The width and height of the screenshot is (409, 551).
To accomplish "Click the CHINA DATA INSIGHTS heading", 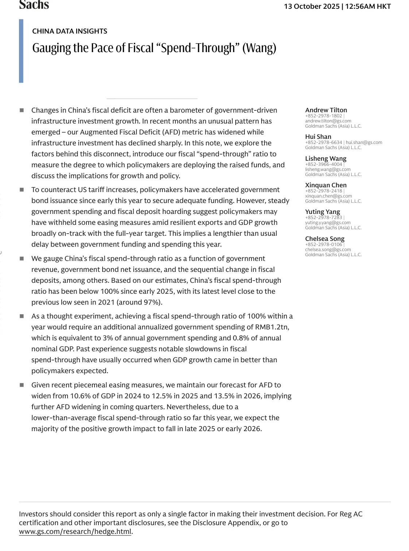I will pyautogui.click(x=69, y=31).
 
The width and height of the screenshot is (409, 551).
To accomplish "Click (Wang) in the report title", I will pyautogui.click(x=259, y=48).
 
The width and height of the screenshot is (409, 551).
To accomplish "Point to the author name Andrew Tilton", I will pyautogui.click(x=326, y=110).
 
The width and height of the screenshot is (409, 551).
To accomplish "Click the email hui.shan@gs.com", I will pyautogui.click(x=364, y=142).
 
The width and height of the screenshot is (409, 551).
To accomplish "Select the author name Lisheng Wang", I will pyautogui.click(x=325, y=159).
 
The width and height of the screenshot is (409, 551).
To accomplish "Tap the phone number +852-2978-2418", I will pyautogui.click(x=324, y=191).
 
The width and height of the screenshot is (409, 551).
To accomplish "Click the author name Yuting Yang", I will pyautogui.click(x=322, y=212).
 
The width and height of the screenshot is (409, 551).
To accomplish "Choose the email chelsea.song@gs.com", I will pyautogui.click(x=328, y=250).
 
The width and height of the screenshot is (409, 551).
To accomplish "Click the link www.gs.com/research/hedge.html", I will pyautogui.click(x=75, y=532).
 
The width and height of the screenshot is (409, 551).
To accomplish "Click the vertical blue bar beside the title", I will pyautogui.click(x=21, y=51).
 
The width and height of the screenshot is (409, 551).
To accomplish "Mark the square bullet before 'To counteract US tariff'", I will pyautogui.click(x=22, y=189).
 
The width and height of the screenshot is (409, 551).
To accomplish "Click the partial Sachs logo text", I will pyautogui.click(x=34, y=5).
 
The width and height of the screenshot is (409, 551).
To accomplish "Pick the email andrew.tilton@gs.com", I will pyautogui.click(x=328, y=121).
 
